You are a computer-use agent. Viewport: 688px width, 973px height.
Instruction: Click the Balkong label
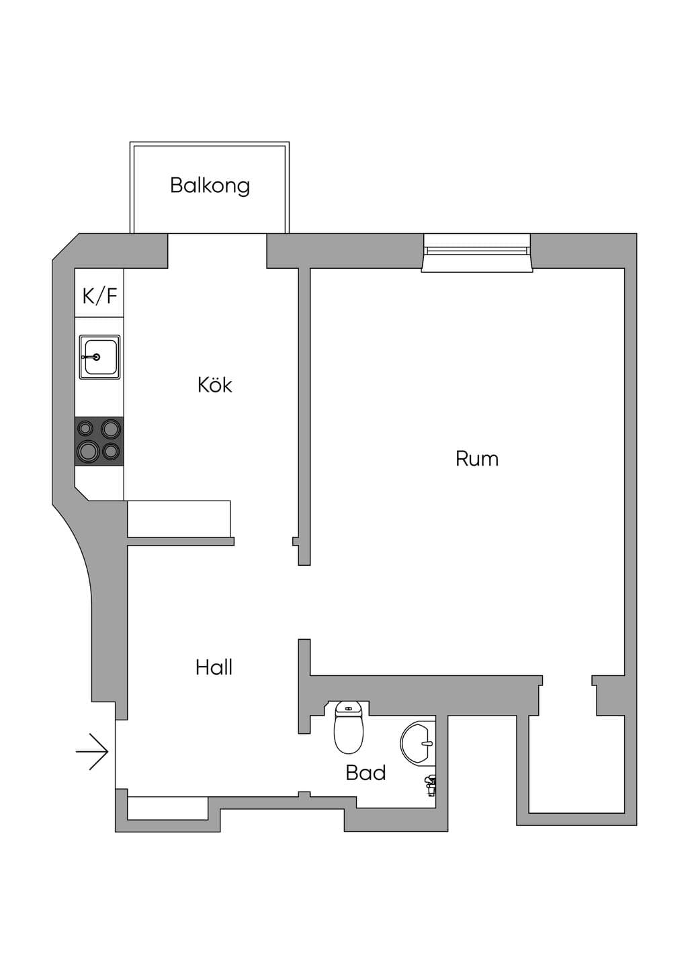point(210,186)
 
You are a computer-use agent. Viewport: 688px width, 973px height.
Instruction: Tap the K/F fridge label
point(100,296)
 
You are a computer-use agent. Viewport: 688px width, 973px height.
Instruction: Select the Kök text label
point(214,385)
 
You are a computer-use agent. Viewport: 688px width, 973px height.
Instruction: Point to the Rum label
point(477,459)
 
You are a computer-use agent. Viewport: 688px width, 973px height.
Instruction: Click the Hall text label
point(214,667)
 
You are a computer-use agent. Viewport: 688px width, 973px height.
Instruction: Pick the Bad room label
point(365,773)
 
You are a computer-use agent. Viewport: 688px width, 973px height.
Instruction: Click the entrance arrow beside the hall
point(91,751)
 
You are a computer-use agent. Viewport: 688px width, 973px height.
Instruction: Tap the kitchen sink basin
point(100,357)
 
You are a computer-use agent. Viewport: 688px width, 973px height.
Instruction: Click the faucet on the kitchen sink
point(91,357)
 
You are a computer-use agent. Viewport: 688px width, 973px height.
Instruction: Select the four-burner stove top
point(99,441)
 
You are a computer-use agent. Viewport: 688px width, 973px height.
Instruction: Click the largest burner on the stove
point(87,452)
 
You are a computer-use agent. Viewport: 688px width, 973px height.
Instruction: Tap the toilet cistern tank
point(348,708)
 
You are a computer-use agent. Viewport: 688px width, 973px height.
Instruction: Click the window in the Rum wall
point(477,253)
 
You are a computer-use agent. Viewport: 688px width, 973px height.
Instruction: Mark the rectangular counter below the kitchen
point(179,519)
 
